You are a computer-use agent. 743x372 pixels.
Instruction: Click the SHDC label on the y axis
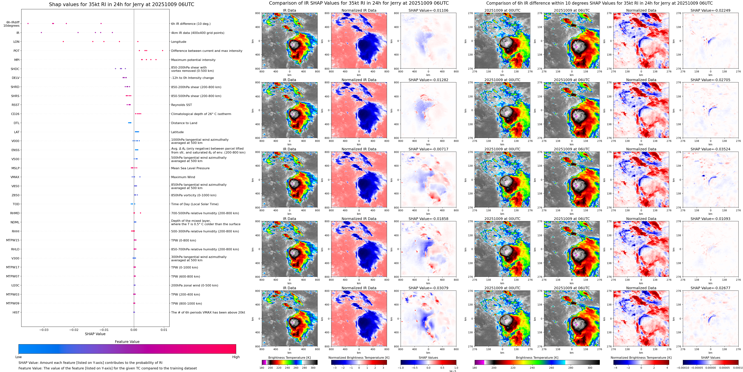(x=15, y=69)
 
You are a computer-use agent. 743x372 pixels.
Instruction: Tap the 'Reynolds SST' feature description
(x=181, y=105)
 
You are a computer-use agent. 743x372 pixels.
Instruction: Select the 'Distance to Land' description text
(x=184, y=123)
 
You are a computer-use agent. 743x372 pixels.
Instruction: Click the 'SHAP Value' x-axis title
(x=95, y=334)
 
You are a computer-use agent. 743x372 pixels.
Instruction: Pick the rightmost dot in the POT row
(x=163, y=51)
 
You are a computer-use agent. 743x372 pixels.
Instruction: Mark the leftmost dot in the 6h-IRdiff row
(x=28, y=23)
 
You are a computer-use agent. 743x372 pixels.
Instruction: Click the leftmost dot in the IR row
(x=41, y=33)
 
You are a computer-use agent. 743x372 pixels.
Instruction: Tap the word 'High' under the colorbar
(x=236, y=357)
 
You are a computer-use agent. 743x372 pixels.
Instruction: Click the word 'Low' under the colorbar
(x=19, y=357)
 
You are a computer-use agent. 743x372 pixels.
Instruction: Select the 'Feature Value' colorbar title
(x=127, y=342)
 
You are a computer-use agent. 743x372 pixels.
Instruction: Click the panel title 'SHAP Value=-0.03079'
(x=428, y=288)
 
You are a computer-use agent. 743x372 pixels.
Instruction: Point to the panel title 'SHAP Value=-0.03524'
(x=710, y=149)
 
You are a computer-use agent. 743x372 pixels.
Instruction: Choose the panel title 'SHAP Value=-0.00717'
(x=428, y=149)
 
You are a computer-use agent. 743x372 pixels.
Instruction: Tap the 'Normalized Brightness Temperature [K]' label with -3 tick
(x=359, y=358)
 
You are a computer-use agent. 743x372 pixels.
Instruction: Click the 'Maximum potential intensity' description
(x=193, y=60)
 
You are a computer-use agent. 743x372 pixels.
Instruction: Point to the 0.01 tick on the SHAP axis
(x=164, y=330)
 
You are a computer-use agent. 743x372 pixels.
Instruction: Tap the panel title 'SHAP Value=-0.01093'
(x=710, y=219)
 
